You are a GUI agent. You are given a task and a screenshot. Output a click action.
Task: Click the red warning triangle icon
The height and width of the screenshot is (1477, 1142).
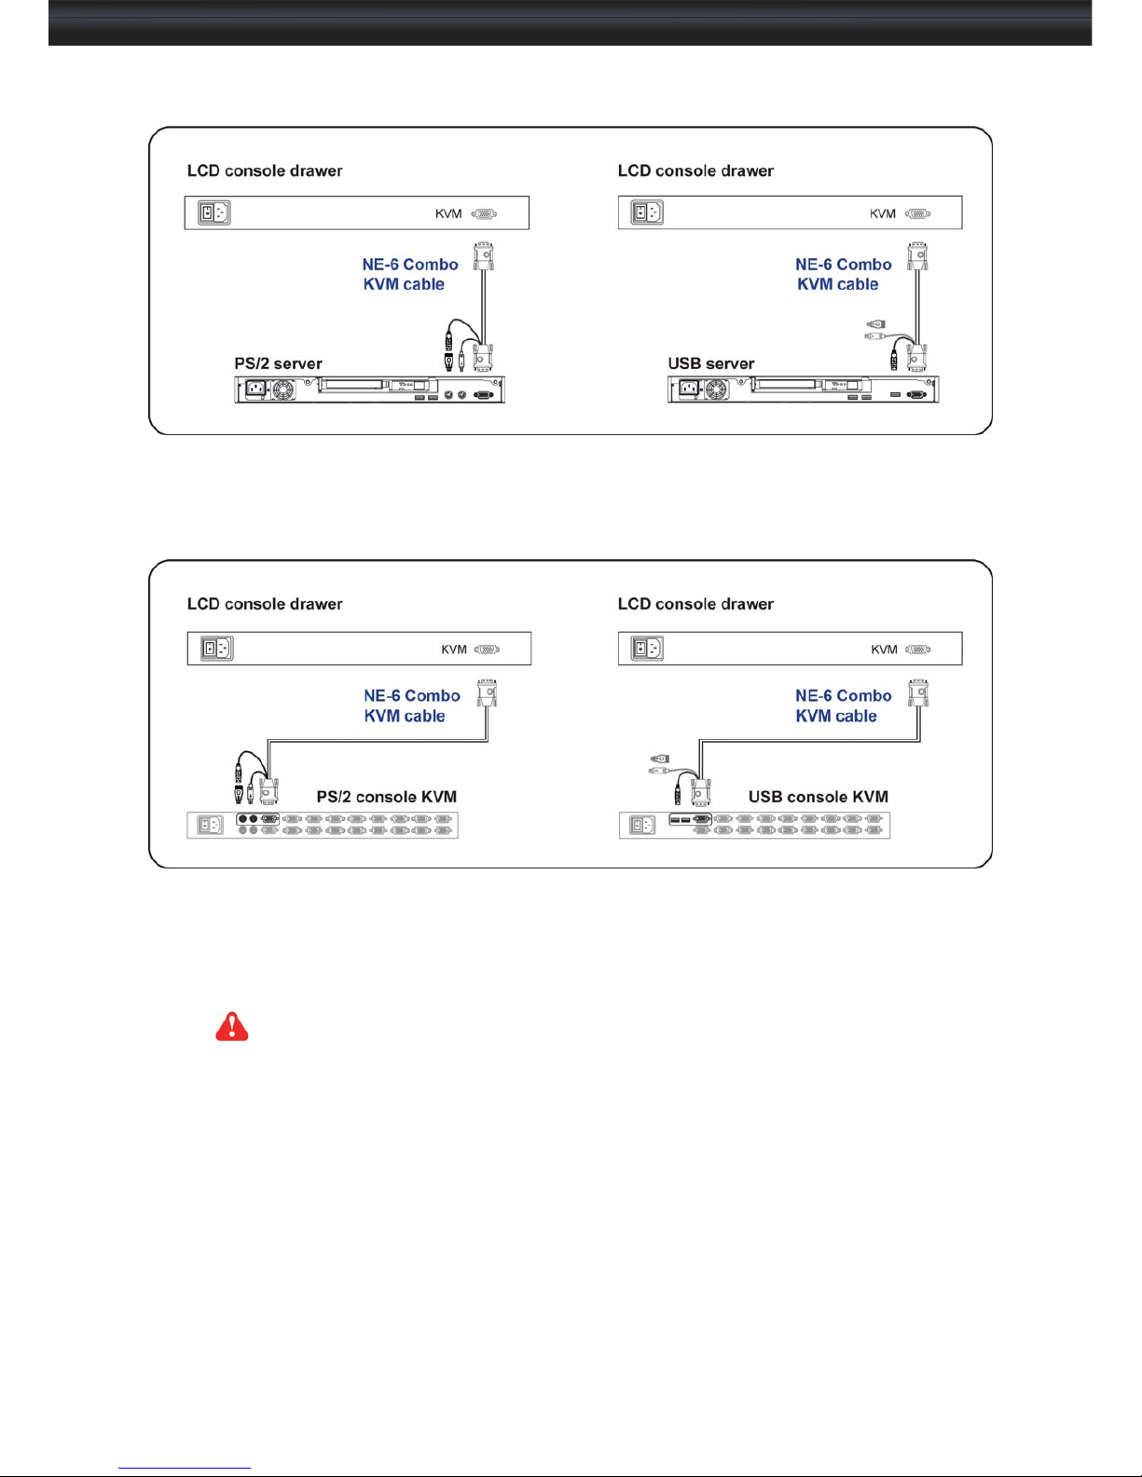point(232,1026)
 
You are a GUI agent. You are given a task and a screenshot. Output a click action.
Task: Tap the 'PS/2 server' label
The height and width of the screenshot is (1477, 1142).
point(278,363)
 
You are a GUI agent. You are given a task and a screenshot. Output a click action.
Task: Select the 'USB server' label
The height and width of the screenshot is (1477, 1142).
point(711,363)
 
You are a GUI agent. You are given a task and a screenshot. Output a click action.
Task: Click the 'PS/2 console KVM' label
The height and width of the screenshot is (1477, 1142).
point(387,797)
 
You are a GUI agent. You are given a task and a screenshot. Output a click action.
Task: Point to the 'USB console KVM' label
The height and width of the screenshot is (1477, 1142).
point(819,797)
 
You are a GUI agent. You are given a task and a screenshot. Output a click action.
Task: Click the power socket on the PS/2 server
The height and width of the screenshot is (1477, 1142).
point(255,390)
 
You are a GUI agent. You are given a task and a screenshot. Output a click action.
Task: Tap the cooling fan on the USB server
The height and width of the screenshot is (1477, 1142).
point(717,390)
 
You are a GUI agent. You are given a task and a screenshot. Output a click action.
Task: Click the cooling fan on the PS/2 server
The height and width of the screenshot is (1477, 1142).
point(283,390)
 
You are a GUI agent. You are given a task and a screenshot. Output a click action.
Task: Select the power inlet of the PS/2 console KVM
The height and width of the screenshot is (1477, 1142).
point(210,825)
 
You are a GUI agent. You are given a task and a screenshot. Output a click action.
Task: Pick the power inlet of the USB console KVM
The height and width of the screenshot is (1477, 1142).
point(641,825)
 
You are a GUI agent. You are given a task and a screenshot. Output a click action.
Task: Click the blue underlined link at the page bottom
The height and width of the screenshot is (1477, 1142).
point(185,1469)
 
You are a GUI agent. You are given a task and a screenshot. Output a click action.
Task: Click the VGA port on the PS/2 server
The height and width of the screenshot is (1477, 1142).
point(483,395)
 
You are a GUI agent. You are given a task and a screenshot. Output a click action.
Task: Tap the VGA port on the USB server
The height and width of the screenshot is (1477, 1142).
point(916,395)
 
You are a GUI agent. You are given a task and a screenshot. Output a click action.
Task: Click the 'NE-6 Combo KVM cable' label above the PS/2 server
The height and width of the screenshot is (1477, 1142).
point(410,274)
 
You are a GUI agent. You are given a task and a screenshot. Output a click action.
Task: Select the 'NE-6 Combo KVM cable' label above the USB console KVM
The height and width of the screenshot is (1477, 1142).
point(843,705)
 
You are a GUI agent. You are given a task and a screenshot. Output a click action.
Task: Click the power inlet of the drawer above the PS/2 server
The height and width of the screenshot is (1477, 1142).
point(214,212)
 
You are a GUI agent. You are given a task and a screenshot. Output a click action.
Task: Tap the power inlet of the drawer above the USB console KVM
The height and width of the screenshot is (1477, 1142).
point(647,648)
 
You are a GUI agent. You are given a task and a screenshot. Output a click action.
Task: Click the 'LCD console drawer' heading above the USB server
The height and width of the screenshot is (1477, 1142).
point(695,171)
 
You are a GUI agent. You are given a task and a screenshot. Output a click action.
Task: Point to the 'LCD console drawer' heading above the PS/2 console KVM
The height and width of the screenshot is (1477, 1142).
point(265,604)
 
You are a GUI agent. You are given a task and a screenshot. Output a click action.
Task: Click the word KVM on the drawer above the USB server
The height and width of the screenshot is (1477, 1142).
point(882,214)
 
